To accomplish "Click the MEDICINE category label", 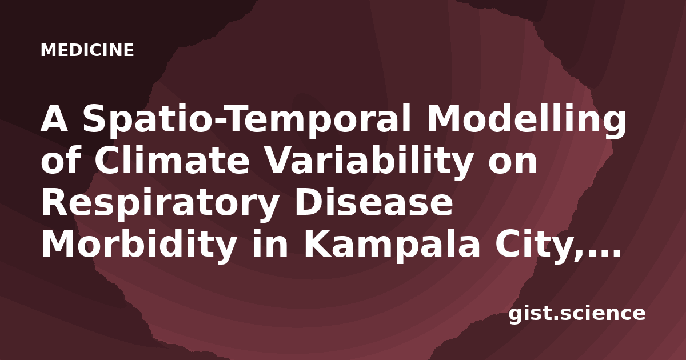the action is pos(87,50).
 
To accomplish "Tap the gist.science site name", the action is pos(577,314).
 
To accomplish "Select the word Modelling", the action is pos(527,120).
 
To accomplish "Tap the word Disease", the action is pos(374,203).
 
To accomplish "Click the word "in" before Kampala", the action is pos(270,243).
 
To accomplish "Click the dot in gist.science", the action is pos(555,318).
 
